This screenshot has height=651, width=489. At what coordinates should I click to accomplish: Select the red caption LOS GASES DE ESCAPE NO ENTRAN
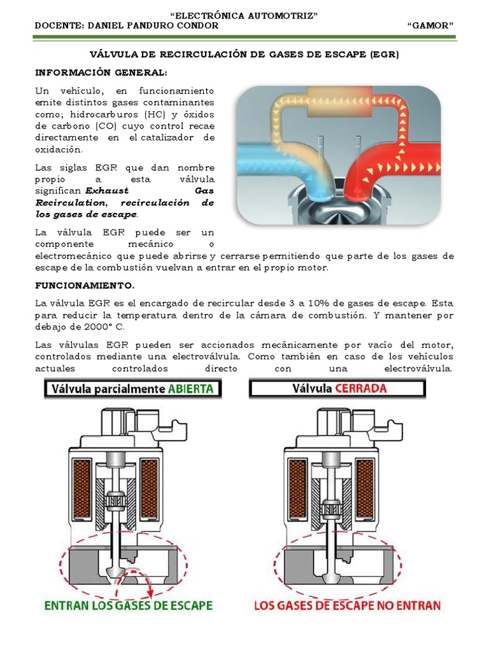click(x=347, y=605)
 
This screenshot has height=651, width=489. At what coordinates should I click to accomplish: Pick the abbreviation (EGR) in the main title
click(x=383, y=55)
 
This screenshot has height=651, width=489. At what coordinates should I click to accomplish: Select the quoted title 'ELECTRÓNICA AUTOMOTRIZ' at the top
click(x=245, y=15)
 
